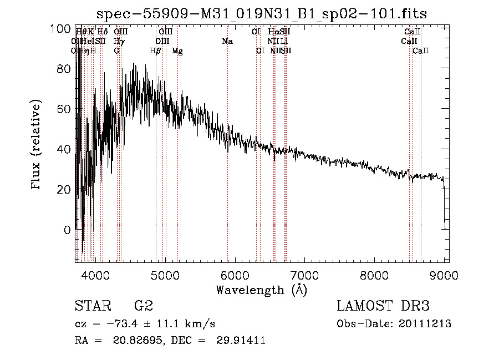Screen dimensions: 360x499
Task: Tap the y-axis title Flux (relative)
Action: point(37,145)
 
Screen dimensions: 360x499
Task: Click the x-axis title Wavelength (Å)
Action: point(261,290)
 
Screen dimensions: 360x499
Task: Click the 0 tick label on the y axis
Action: point(68,230)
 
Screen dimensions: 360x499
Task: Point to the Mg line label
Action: point(177,51)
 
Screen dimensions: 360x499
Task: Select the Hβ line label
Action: point(156,51)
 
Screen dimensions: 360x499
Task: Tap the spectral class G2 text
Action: point(143,306)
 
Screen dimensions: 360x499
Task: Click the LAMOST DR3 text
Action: point(383,306)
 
